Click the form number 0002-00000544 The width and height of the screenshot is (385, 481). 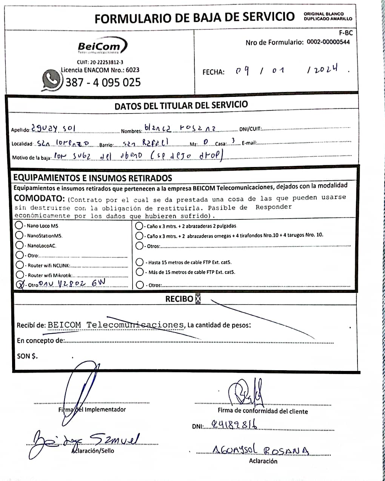pyautogui.click(x=328, y=42)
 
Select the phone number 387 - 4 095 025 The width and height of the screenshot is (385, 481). pyautogui.click(x=103, y=82)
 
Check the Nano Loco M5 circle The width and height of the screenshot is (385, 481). pyautogui.click(x=19, y=225)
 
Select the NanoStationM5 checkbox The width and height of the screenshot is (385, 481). pyautogui.click(x=19, y=235)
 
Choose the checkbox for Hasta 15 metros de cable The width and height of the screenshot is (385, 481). pyautogui.click(x=139, y=262)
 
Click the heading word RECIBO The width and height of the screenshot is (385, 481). pyautogui.click(x=179, y=299)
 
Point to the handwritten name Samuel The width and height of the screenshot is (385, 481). pyautogui.click(x=115, y=439)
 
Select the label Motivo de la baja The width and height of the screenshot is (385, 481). pyautogui.click(x=31, y=158)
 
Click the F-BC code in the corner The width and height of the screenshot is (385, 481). pyautogui.click(x=346, y=33)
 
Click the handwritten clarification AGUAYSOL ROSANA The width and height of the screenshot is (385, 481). pyautogui.click(x=261, y=449)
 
